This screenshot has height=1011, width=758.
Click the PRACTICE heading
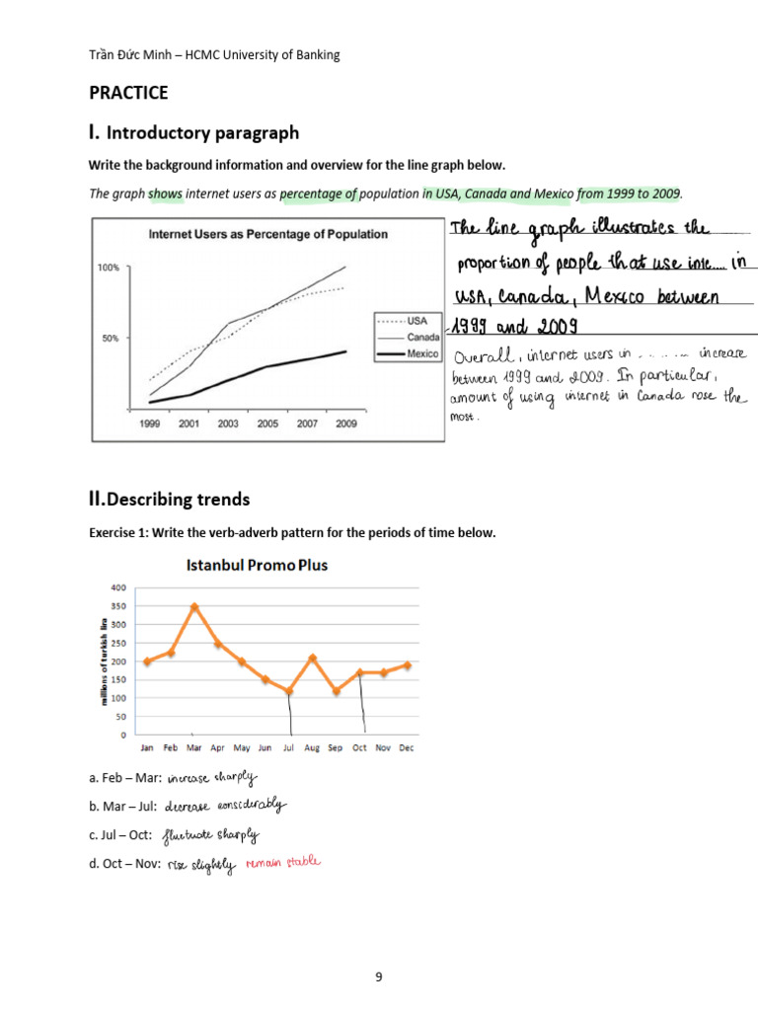pyautogui.click(x=128, y=93)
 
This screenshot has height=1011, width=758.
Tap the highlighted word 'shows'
pyautogui.click(x=166, y=194)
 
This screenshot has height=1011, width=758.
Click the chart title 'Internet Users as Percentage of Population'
pyautogui.click(x=267, y=234)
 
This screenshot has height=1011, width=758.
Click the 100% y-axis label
pyautogui.click(x=108, y=268)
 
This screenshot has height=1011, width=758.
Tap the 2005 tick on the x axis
pyautogui.click(x=267, y=423)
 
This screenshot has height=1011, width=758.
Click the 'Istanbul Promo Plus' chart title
pyautogui.click(x=257, y=566)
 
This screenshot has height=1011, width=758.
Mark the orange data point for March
pyautogui.click(x=195, y=607)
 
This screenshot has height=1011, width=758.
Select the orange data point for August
pyautogui.click(x=312, y=658)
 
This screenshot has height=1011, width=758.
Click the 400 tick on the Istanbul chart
pyautogui.click(x=118, y=588)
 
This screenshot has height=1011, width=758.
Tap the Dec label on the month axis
pyautogui.click(x=406, y=748)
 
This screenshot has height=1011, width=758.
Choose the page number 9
pyautogui.click(x=378, y=977)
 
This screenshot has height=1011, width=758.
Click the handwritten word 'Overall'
pyautogui.click(x=484, y=354)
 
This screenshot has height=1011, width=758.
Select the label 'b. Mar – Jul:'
pyautogui.click(x=123, y=806)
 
